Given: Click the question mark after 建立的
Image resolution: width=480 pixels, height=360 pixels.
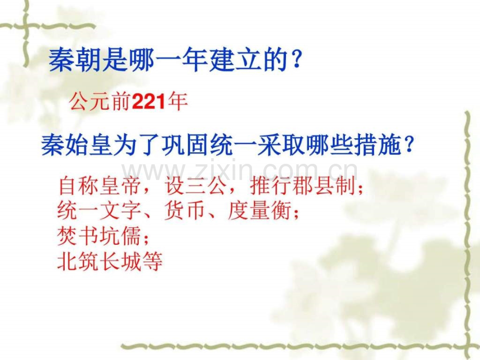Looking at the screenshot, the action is click(296, 60).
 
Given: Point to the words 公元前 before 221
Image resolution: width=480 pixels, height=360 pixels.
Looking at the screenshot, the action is click(101, 101).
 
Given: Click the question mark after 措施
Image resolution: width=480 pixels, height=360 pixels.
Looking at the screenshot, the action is click(409, 145).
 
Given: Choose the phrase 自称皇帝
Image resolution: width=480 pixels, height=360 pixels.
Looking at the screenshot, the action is click(100, 186).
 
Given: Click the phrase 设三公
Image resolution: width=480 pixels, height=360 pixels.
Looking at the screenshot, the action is click(196, 186).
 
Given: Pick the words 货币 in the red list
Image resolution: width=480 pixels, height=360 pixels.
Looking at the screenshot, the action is click(184, 211).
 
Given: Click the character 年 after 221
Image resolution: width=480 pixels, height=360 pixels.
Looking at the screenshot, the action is click(177, 101).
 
